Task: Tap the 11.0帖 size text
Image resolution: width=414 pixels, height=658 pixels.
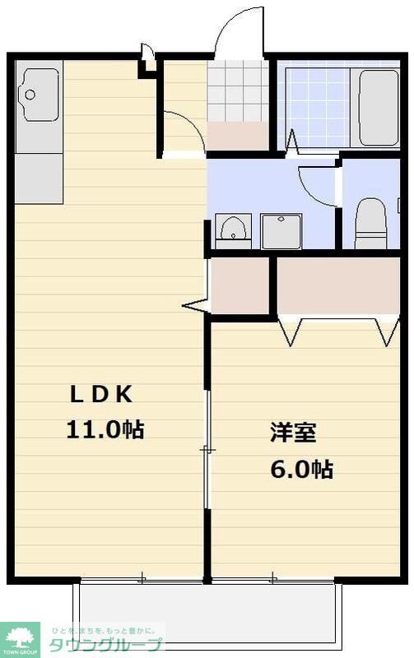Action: pyautogui.click(x=105, y=429)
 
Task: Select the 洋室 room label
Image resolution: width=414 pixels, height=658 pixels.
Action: pyautogui.click(x=293, y=433)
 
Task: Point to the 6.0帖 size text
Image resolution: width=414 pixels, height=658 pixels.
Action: pyautogui.click(x=301, y=470)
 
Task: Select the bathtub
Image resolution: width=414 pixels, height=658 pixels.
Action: pyautogui.click(x=379, y=107)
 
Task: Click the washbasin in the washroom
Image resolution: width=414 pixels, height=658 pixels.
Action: pyautogui.click(x=234, y=228)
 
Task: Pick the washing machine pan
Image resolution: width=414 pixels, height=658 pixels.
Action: pyautogui.click(x=282, y=229)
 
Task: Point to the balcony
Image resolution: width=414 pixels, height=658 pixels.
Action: pyautogui.click(x=206, y=613)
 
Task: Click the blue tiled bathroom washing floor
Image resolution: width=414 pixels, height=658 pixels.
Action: pyautogui.click(x=316, y=107)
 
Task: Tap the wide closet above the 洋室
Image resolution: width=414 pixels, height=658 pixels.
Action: pyautogui.click(x=337, y=285)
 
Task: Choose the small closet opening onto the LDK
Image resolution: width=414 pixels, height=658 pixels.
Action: pyautogui.click(x=240, y=285)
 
